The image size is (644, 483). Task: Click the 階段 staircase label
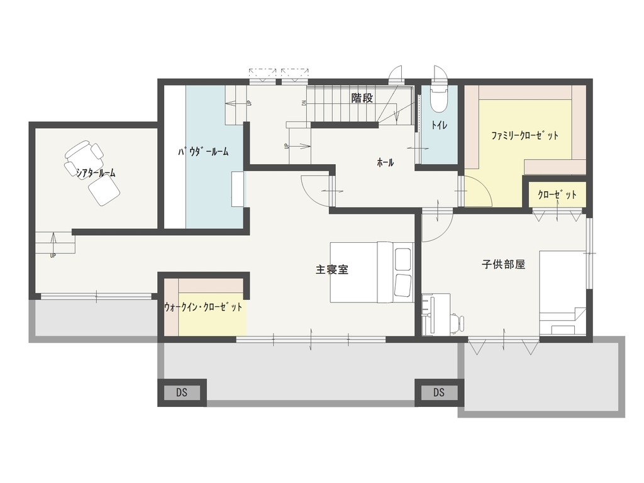pyautogui.click(x=362, y=98)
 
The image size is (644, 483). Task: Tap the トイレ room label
pyautogui.click(x=439, y=125)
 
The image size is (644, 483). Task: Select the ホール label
pyautogui.click(x=386, y=163)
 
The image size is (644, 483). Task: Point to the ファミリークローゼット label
pyautogui.click(x=525, y=136)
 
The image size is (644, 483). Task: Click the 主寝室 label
pyautogui.click(x=332, y=270)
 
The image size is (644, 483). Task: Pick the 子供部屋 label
pyautogui.click(x=504, y=265)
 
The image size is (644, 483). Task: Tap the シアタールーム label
pyautogui.click(x=96, y=173)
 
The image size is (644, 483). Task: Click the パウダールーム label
pyautogui.click(x=203, y=152)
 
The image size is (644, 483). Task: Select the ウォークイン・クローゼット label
pyautogui.click(x=203, y=307)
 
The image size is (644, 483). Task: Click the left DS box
pyautogui.click(x=182, y=392)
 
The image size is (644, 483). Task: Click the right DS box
pyautogui.click(x=439, y=392)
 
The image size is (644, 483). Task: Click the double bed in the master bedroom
pyautogui.click(x=372, y=272)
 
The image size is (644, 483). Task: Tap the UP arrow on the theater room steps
pyautogui.click(x=53, y=242)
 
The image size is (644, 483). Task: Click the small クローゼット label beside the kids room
pyautogui.click(x=557, y=195)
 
